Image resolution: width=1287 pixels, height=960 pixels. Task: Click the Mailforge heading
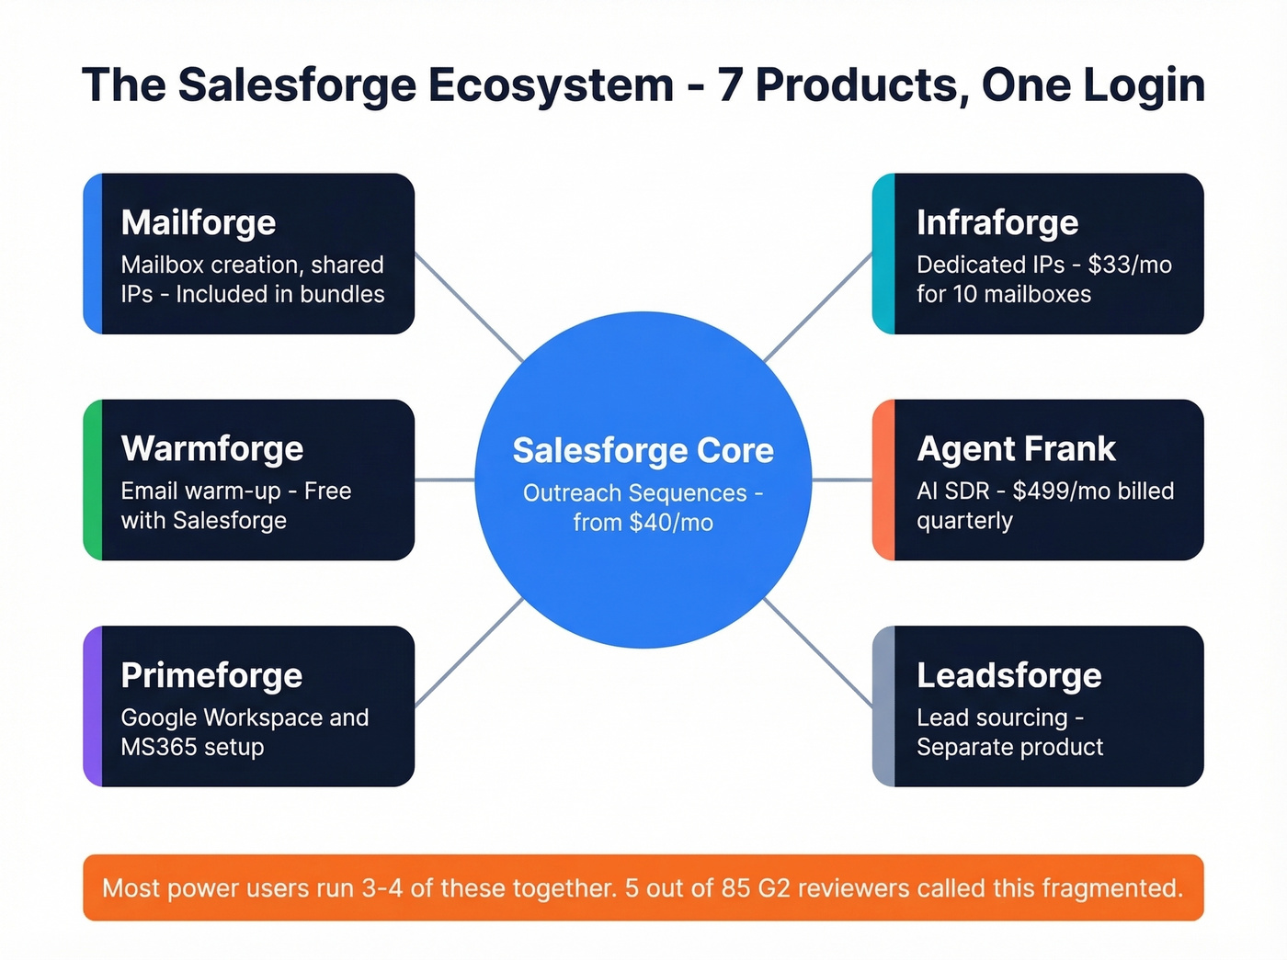[x=199, y=223]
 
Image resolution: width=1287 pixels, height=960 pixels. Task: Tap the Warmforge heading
[x=212, y=449]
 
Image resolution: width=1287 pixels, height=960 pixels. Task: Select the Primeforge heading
[x=211, y=676]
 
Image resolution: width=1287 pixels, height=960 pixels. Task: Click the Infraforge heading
[x=997, y=223]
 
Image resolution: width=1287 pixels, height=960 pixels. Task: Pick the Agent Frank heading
[x=1016, y=449]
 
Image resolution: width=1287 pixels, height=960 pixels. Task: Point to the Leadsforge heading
[x=1008, y=676]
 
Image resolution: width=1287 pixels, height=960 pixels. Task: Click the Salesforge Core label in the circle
[x=643, y=451]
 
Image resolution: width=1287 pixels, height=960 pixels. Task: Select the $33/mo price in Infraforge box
[x=1130, y=265]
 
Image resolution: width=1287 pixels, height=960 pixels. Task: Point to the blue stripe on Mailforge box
[x=93, y=254]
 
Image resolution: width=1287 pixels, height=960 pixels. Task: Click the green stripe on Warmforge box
[x=93, y=480]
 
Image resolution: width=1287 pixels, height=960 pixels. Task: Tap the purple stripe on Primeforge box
[x=93, y=706]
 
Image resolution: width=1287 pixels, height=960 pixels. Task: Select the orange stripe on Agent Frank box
[x=883, y=480]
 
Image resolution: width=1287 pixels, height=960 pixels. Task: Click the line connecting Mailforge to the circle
[x=469, y=308]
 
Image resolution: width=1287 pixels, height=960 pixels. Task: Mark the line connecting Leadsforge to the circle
[x=818, y=653]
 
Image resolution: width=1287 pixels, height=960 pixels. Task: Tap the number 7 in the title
[x=730, y=85]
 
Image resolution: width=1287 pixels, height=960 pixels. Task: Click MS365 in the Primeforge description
[x=154, y=748]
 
